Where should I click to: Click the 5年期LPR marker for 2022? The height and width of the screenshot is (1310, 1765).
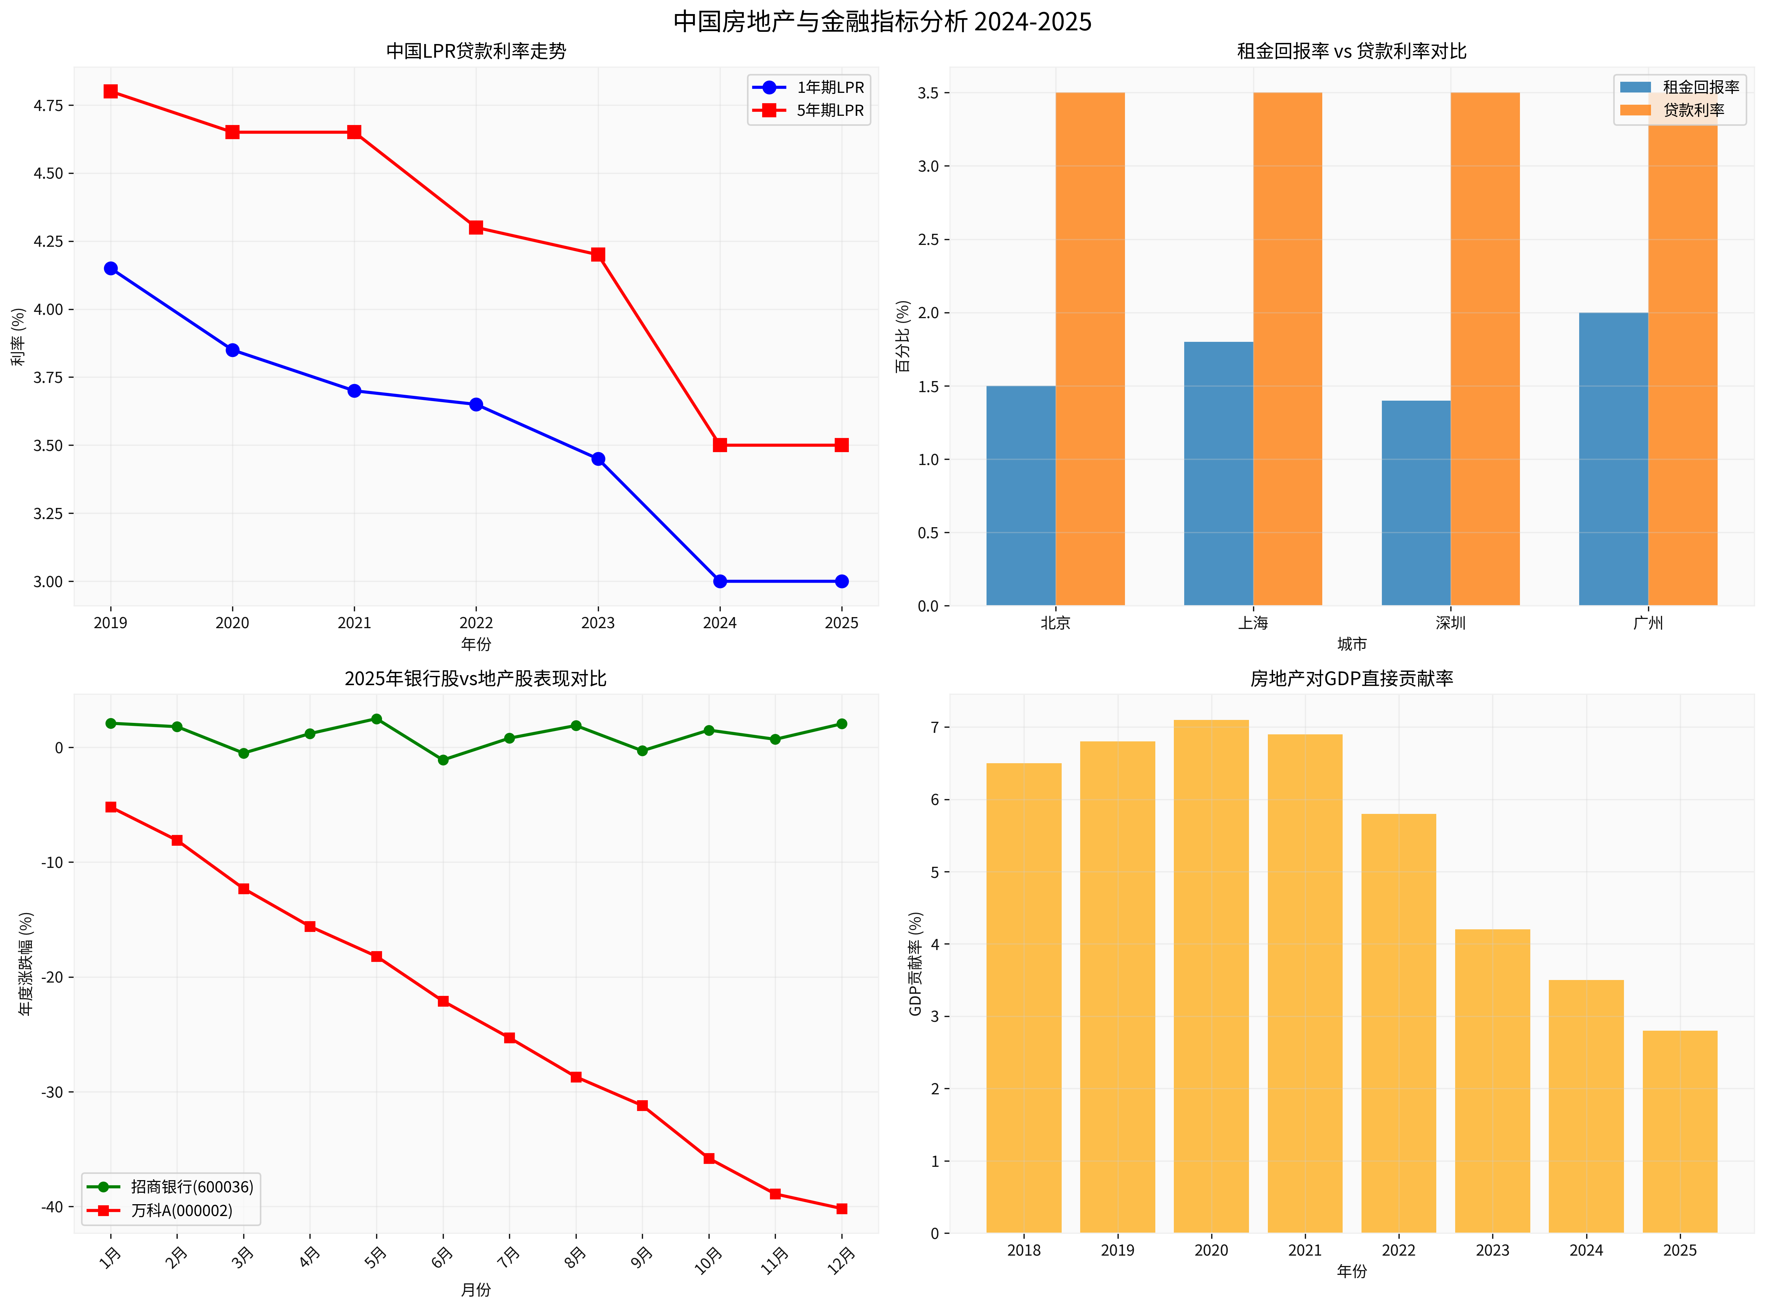click(476, 228)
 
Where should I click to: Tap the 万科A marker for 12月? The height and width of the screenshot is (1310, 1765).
click(842, 1209)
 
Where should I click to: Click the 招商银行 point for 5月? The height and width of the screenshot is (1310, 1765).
click(377, 719)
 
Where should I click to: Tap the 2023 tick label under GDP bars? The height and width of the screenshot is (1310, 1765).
click(1492, 1250)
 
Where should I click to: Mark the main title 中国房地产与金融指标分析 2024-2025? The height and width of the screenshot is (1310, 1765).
click(882, 21)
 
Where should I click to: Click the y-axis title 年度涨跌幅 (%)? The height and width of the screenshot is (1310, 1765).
click(26, 963)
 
